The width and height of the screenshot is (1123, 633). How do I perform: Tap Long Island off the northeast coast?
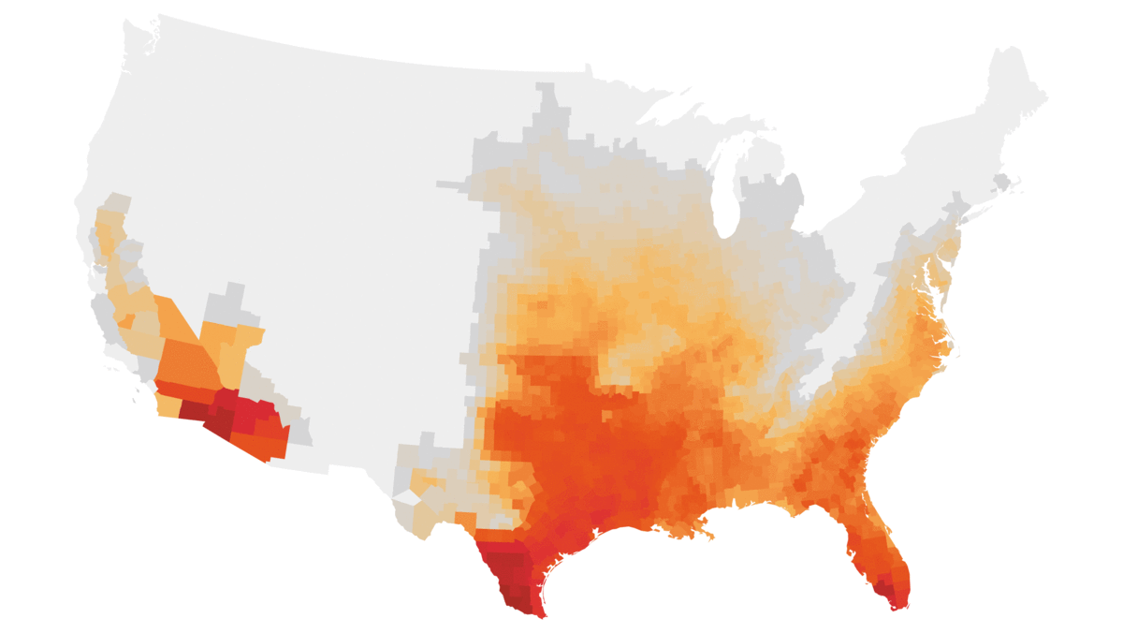point(973,208)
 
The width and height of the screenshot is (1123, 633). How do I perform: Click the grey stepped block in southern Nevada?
point(225,304)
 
